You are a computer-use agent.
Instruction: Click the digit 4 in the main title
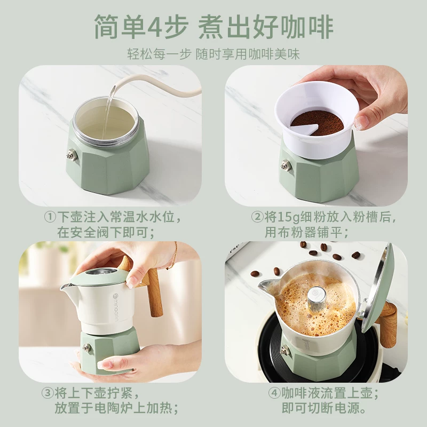click(161, 27)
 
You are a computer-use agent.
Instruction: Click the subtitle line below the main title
click(213, 54)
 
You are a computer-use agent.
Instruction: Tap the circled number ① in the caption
click(50, 218)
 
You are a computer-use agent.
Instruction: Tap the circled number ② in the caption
click(257, 218)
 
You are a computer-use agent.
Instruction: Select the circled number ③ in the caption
click(50, 394)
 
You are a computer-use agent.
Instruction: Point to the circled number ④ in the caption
click(274, 394)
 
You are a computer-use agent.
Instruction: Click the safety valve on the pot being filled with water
click(70, 155)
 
